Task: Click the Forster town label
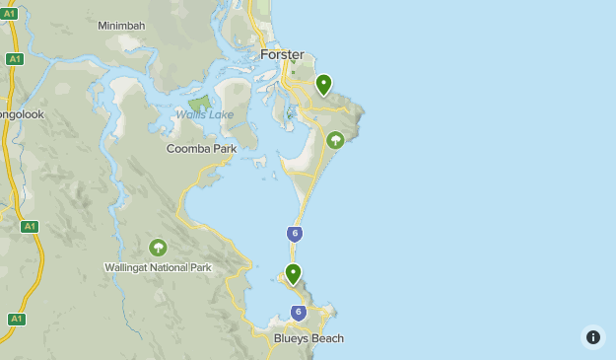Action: [x=282, y=54]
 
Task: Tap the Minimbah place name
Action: [x=121, y=26]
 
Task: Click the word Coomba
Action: [x=187, y=148]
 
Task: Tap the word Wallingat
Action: [x=130, y=267]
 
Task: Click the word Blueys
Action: [x=293, y=338]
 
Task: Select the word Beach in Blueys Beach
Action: [x=328, y=338]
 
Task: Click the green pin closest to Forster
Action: [x=323, y=85]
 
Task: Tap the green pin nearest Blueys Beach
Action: [x=293, y=273]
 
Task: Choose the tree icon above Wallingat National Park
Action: [x=158, y=248]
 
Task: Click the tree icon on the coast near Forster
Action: [x=335, y=141]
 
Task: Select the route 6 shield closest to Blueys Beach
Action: [x=299, y=313]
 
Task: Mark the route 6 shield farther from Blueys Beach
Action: [x=295, y=234]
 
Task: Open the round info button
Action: [x=592, y=337]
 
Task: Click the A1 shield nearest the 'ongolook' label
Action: [x=14, y=59]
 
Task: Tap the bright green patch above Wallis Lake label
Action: [x=200, y=103]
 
